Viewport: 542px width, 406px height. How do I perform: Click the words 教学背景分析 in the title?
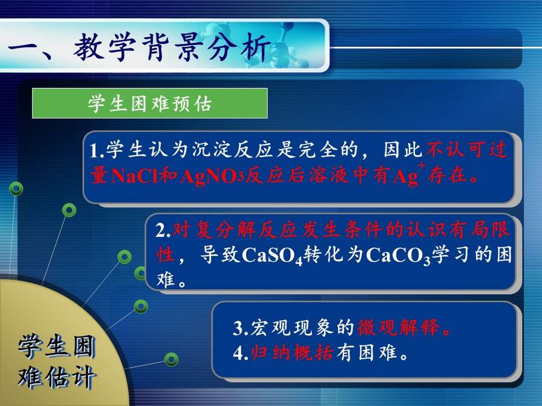click(x=172, y=48)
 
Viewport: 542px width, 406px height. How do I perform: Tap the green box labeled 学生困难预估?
click(x=150, y=103)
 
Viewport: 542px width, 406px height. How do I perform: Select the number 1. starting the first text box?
click(x=97, y=150)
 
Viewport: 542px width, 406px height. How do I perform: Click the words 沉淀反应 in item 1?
click(x=223, y=150)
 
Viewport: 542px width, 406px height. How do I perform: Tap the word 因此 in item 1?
click(x=403, y=150)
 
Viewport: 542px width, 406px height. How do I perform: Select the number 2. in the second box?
click(x=163, y=230)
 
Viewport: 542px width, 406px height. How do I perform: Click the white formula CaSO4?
click(x=272, y=256)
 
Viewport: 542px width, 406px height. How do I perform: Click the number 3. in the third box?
click(x=240, y=328)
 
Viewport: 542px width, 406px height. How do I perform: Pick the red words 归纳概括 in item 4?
click(x=292, y=353)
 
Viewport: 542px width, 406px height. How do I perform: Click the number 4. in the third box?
click(x=240, y=354)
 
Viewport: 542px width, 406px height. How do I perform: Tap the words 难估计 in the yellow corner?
click(x=57, y=377)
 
